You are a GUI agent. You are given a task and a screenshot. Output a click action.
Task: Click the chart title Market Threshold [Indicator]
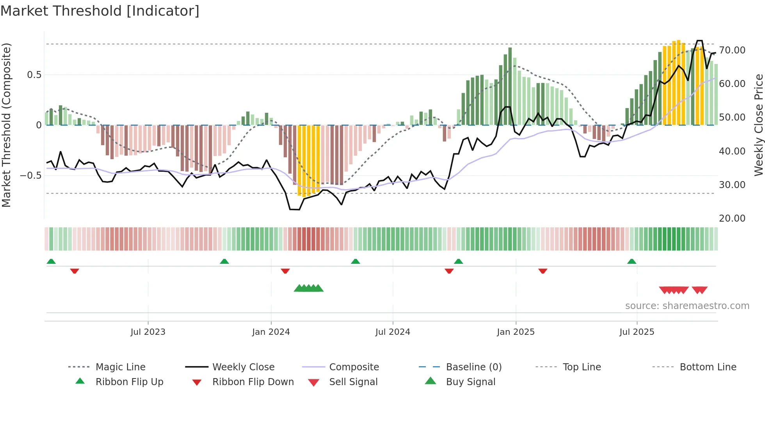click(x=100, y=11)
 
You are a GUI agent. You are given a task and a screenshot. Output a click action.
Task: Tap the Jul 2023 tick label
click(x=148, y=332)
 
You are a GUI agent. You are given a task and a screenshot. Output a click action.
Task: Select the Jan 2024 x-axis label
click(x=271, y=332)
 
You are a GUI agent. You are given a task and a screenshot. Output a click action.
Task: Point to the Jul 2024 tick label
click(x=393, y=332)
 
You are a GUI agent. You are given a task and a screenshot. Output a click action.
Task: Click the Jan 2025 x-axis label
click(x=516, y=332)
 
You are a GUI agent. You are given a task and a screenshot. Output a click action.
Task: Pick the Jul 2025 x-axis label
click(x=637, y=332)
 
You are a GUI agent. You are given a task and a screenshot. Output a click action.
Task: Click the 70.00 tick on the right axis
click(x=732, y=50)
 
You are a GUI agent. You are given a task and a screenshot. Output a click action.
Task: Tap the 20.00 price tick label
click(x=732, y=219)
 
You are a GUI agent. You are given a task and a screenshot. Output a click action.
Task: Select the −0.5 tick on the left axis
click(x=31, y=176)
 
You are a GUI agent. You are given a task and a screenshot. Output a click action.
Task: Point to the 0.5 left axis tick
click(x=34, y=75)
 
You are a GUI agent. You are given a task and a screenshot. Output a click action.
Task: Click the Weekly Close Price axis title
click(x=758, y=125)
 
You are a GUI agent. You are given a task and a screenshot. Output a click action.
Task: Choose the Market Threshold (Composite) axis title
click(x=6, y=125)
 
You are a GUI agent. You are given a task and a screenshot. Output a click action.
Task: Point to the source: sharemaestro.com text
click(x=687, y=306)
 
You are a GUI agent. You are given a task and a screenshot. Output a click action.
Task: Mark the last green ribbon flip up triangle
click(x=632, y=261)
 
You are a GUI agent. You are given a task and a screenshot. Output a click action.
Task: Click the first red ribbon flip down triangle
click(x=75, y=271)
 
